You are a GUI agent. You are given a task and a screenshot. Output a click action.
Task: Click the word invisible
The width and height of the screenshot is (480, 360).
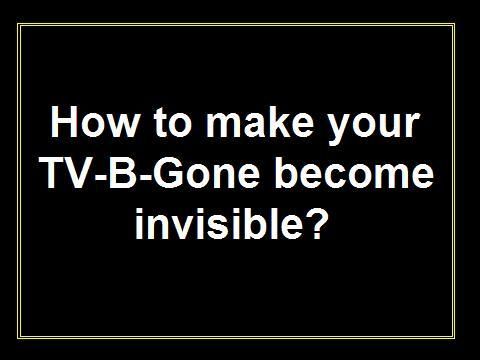[220, 223]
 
